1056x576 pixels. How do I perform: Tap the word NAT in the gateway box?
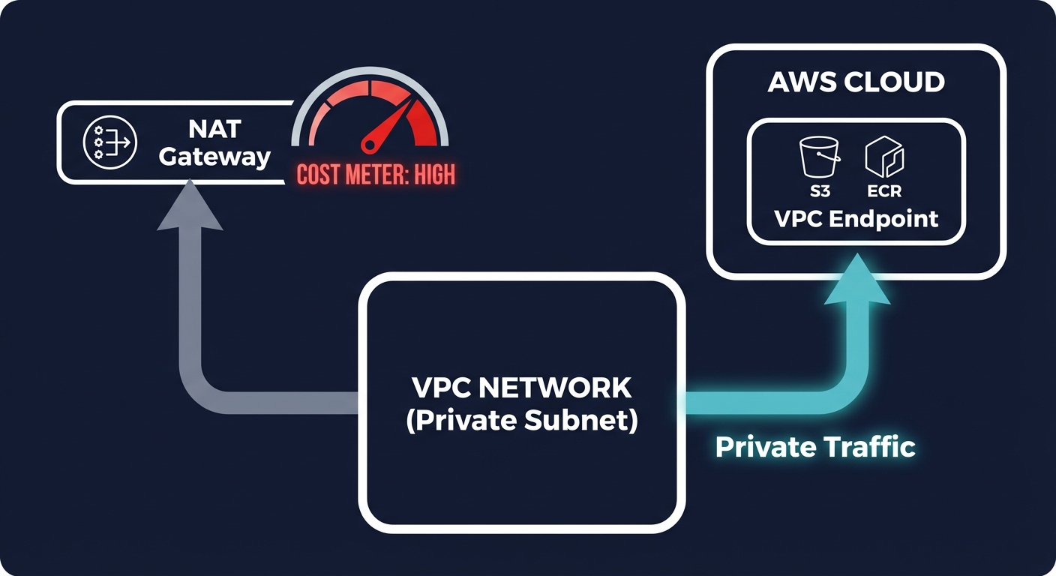tap(214, 129)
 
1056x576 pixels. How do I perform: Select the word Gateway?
tap(214, 157)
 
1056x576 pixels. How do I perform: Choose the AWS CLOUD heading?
tap(856, 82)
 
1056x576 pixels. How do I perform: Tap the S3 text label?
tap(820, 191)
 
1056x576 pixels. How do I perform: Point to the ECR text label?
tap(883, 191)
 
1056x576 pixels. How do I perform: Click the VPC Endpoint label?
tap(856, 218)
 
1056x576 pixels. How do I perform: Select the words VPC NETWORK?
tap(521, 388)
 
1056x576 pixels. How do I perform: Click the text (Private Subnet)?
tap(521, 421)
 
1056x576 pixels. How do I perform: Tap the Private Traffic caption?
tap(815, 447)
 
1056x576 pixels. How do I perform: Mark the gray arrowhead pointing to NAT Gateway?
tap(190, 209)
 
